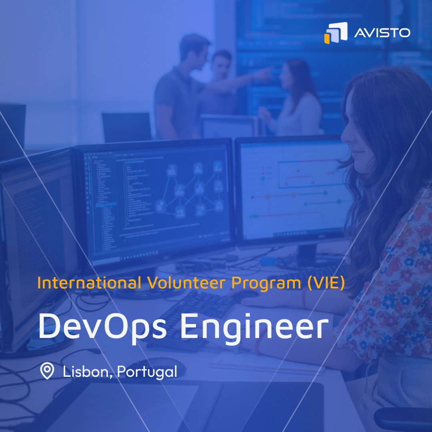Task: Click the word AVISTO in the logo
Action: coord(382,32)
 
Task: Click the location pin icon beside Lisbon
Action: coord(48,372)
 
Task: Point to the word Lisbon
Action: coord(86,372)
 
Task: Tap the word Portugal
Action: coord(147,372)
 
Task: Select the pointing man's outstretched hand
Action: coord(266,72)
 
